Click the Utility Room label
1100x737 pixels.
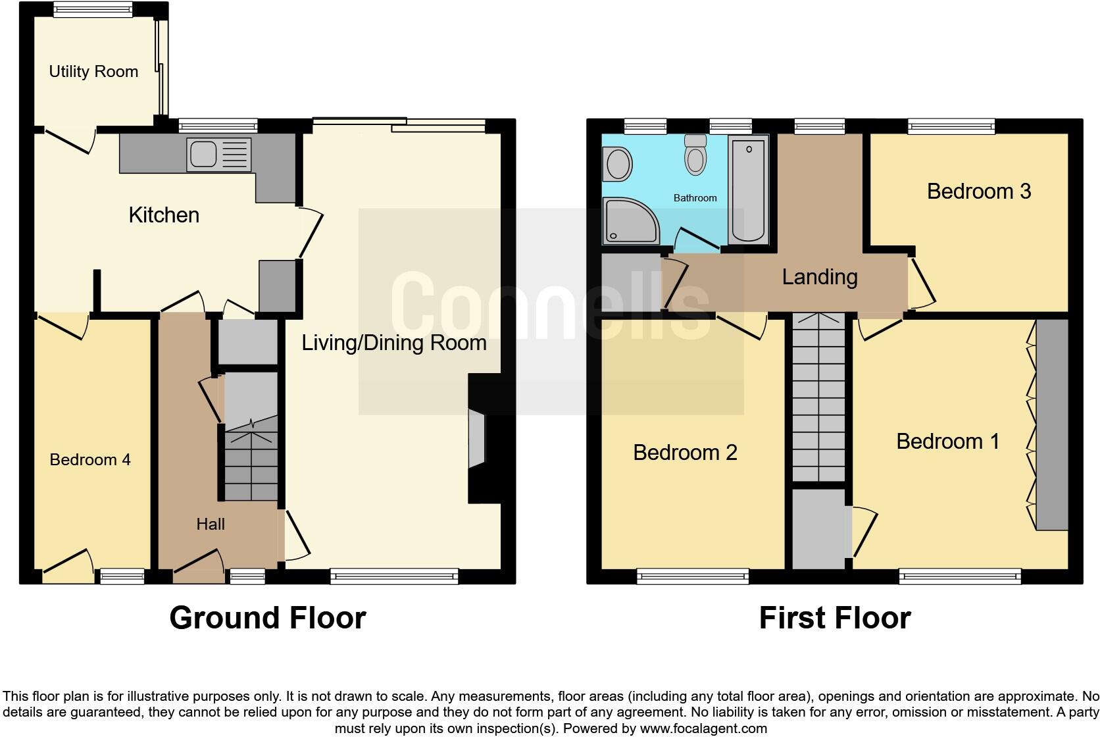click(x=93, y=72)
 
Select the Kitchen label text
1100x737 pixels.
click(x=164, y=215)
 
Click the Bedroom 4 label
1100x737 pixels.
click(x=90, y=459)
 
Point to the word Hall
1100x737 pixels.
click(x=211, y=524)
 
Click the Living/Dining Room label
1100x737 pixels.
click(x=394, y=343)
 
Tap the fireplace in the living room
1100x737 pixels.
click(x=478, y=439)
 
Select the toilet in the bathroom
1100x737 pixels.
click(x=695, y=155)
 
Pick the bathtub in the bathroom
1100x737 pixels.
click(x=749, y=189)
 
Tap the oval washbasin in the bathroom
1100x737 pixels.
click(x=618, y=164)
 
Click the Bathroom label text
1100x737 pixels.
click(x=695, y=198)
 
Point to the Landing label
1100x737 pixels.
click(x=820, y=277)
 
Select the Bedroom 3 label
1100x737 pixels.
click(x=978, y=191)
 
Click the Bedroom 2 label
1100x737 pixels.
click(x=685, y=453)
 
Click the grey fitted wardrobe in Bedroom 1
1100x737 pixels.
click(x=1052, y=424)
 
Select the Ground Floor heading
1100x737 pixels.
click(x=267, y=618)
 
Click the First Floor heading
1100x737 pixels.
click(x=834, y=618)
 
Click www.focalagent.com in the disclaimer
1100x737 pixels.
click(x=703, y=728)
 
